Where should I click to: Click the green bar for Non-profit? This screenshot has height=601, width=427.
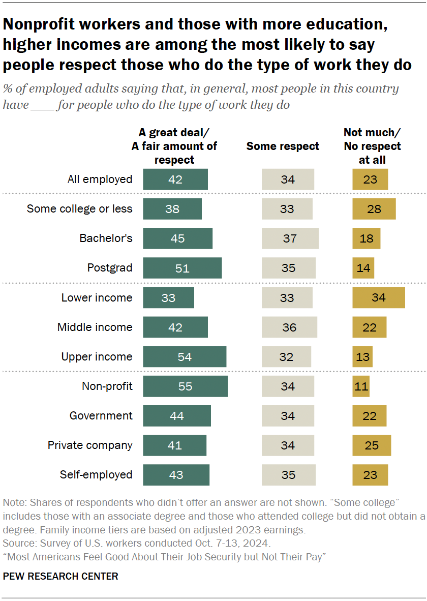[x=185, y=386]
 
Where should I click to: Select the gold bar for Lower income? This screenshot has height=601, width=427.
[x=378, y=298]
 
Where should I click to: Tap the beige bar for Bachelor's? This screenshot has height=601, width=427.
[x=290, y=238]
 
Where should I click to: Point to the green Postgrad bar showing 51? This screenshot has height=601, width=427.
[x=182, y=268]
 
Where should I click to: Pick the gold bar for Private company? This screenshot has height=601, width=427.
[x=372, y=445]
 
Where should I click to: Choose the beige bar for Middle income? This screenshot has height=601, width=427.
[x=289, y=327]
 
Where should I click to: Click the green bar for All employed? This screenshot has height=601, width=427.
[x=175, y=179]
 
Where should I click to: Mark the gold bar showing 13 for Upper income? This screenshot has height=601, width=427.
[x=362, y=357]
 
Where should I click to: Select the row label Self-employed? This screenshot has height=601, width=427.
[x=96, y=475]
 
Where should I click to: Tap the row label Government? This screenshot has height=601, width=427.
[x=101, y=416]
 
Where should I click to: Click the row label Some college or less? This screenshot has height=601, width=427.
[x=79, y=209]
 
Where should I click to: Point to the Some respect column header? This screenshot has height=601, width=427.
[x=283, y=146]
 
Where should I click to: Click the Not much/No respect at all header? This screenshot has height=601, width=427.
[x=372, y=146]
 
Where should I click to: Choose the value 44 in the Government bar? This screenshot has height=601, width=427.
[x=176, y=416]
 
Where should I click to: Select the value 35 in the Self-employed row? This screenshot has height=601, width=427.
[x=288, y=475]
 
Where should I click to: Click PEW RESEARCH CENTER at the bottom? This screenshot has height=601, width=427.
[x=60, y=576]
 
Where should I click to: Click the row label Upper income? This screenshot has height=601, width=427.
[x=97, y=357]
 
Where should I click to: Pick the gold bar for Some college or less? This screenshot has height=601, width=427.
[x=374, y=209]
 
